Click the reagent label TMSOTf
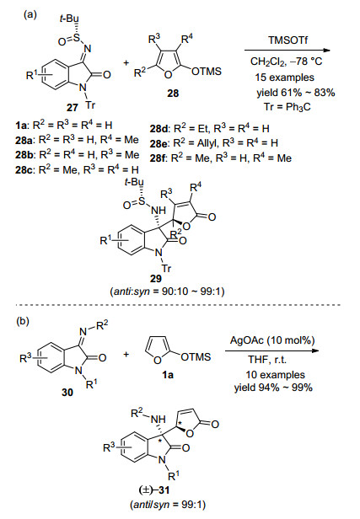tap(287, 40)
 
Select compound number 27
tap(72, 107)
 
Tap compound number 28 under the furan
tap(173, 94)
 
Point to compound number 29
tap(156, 279)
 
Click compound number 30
tap(67, 393)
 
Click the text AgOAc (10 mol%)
tap(272, 340)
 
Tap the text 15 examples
tap(284, 78)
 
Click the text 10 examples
tap(275, 375)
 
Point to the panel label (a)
tap(30, 15)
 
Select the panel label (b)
tap(23, 321)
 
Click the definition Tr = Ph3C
tap(287, 107)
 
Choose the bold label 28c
tap(24, 170)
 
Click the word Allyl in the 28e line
tap(205, 143)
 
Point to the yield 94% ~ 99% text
tap(273, 388)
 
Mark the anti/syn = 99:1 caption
tap(169, 505)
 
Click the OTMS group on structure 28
tap(207, 72)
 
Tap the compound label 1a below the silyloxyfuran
tap(169, 374)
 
